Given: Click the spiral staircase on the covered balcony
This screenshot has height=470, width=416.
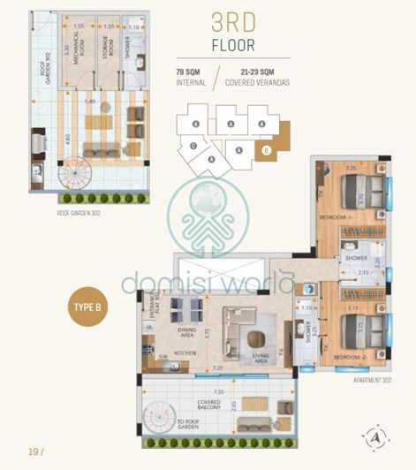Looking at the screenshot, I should tap(164, 414).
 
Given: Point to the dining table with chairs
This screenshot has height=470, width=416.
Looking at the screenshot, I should tap(186, 308).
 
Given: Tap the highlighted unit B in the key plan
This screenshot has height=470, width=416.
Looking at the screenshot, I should tap(266, 150).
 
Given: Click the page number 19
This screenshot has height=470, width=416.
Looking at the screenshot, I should tap(34, 451).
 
